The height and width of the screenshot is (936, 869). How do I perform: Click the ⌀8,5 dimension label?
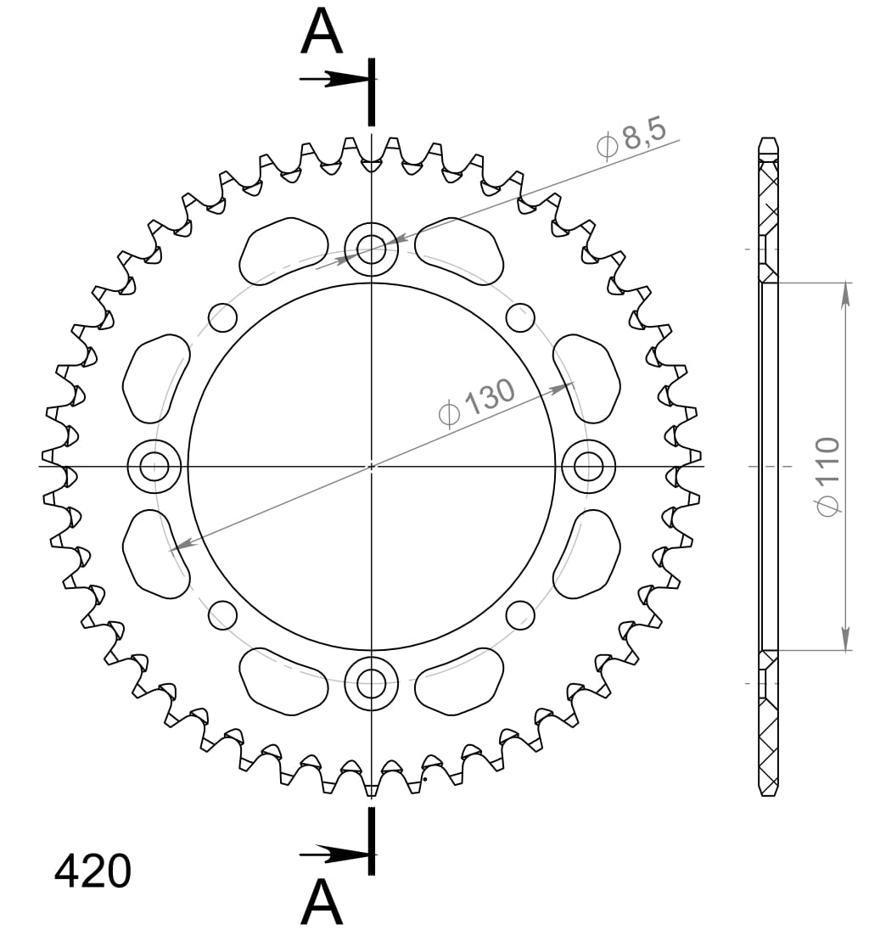[632, 138]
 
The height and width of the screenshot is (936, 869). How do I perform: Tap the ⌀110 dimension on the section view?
[827, 475]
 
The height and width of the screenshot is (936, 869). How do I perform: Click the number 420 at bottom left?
[93, 872]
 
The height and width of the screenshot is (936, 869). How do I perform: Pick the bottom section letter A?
[322, 903]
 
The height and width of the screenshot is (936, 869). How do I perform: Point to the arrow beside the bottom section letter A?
[335, 852]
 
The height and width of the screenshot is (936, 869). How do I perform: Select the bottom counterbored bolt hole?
[371, 681]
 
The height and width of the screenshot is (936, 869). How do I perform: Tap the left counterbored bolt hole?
[154, 466]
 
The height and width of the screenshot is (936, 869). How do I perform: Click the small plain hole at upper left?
[222, 318]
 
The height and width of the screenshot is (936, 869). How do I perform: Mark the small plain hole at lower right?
[520, 614]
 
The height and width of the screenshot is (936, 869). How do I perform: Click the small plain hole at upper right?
[520, 318]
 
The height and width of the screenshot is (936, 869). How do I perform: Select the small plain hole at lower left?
[222, 614]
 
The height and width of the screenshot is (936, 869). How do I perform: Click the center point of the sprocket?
[371, 466]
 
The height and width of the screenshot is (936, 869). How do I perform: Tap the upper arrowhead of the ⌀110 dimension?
[845, 293]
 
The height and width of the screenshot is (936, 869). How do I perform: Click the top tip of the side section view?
[768, 139]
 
